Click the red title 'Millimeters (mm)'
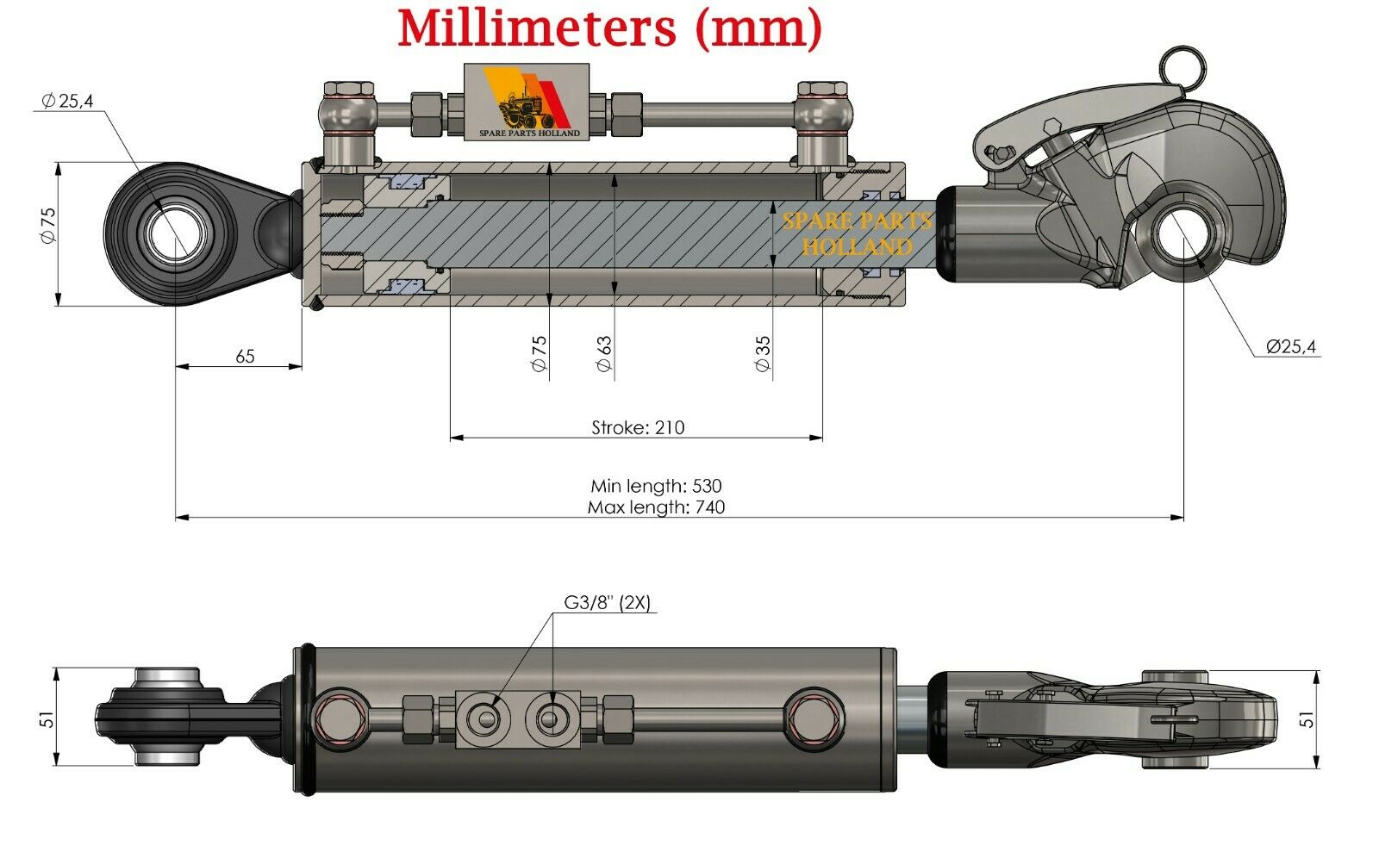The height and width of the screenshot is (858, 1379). click(610, 28)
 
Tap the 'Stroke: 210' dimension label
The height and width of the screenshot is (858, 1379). click(638, 427)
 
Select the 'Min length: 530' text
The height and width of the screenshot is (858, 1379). click(656, 486)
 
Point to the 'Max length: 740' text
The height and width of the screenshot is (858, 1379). click(656, 507)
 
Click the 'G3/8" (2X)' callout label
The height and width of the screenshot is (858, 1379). click(607, 602)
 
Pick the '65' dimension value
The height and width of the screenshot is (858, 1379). click(245, 356)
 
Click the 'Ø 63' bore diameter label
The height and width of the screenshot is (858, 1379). click(604, 353)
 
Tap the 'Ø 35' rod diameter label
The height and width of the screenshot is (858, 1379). click(763, 353)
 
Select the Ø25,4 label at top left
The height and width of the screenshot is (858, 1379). click(68, 100)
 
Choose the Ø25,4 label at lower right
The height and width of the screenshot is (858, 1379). click(1291, 346)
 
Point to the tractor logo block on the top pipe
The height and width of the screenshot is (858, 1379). click(527, 102)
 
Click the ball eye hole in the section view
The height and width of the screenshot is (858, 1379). click(176, 234)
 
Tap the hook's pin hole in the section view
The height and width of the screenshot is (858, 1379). click(1183, 237)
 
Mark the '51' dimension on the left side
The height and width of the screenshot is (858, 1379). click(47, 718)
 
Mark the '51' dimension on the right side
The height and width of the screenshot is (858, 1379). click(1307, 719)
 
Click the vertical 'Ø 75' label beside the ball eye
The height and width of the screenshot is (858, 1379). click(48, 226)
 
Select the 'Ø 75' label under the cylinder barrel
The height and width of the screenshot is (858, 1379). click(539, 353)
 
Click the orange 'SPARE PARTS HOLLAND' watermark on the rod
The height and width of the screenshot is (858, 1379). click(857, 234)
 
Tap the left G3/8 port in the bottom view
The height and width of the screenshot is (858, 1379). click(488, 718)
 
